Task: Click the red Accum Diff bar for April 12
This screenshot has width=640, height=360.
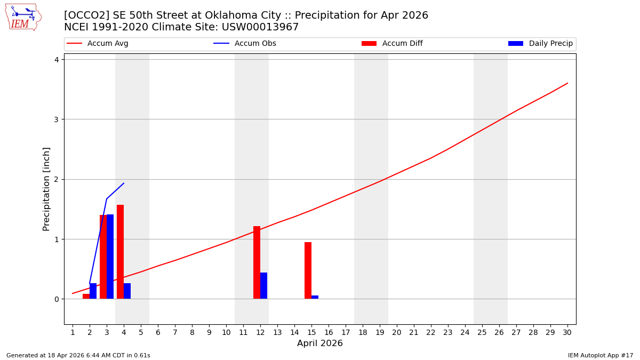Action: click(257, 262)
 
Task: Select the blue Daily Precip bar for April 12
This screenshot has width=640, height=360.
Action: click(263, 285)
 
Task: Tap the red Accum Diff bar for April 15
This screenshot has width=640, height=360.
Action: click(308, 270)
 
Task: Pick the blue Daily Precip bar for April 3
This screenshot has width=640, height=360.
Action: click(110, 257)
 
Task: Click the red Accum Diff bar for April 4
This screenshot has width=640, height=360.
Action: click(120, 252)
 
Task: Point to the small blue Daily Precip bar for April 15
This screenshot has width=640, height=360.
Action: click(315, 297)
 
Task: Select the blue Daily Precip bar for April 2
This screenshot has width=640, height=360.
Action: click(93, 291)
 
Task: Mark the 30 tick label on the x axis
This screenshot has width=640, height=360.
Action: click(567, 332)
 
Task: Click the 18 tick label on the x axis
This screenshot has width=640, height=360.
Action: click(363, 332)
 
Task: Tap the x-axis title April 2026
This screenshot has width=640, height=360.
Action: click(320, 343)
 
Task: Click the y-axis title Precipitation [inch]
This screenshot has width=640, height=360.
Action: click(46, 189)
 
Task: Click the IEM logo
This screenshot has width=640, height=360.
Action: click(23, 17)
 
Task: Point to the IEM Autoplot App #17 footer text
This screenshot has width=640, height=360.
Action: click(601, 355)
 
